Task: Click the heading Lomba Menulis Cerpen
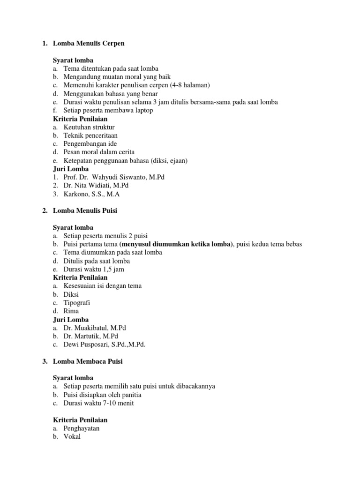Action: coord(89,44)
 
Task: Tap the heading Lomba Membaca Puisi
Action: coord(88,361)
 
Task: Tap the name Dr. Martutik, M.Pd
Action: coord(91,337)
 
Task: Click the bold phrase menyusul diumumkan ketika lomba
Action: coord(176,244)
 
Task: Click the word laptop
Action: coord(142,111)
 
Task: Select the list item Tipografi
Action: coord(77,303)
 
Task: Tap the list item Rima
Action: coord(71,311)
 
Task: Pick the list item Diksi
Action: coord(71,294)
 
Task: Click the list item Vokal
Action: coord(72,437)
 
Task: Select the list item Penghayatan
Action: coord(82,428)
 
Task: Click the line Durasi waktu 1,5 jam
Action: coord(94,270)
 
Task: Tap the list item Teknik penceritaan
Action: coord(90,135)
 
